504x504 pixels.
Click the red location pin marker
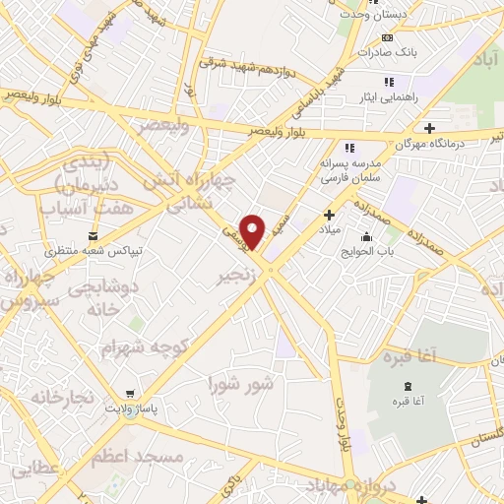tap(254, 230)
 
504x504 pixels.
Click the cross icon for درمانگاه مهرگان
tap(428, 128)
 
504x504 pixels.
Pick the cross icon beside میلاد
tap(329, 214)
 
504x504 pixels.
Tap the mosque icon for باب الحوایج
tap(367, 236)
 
